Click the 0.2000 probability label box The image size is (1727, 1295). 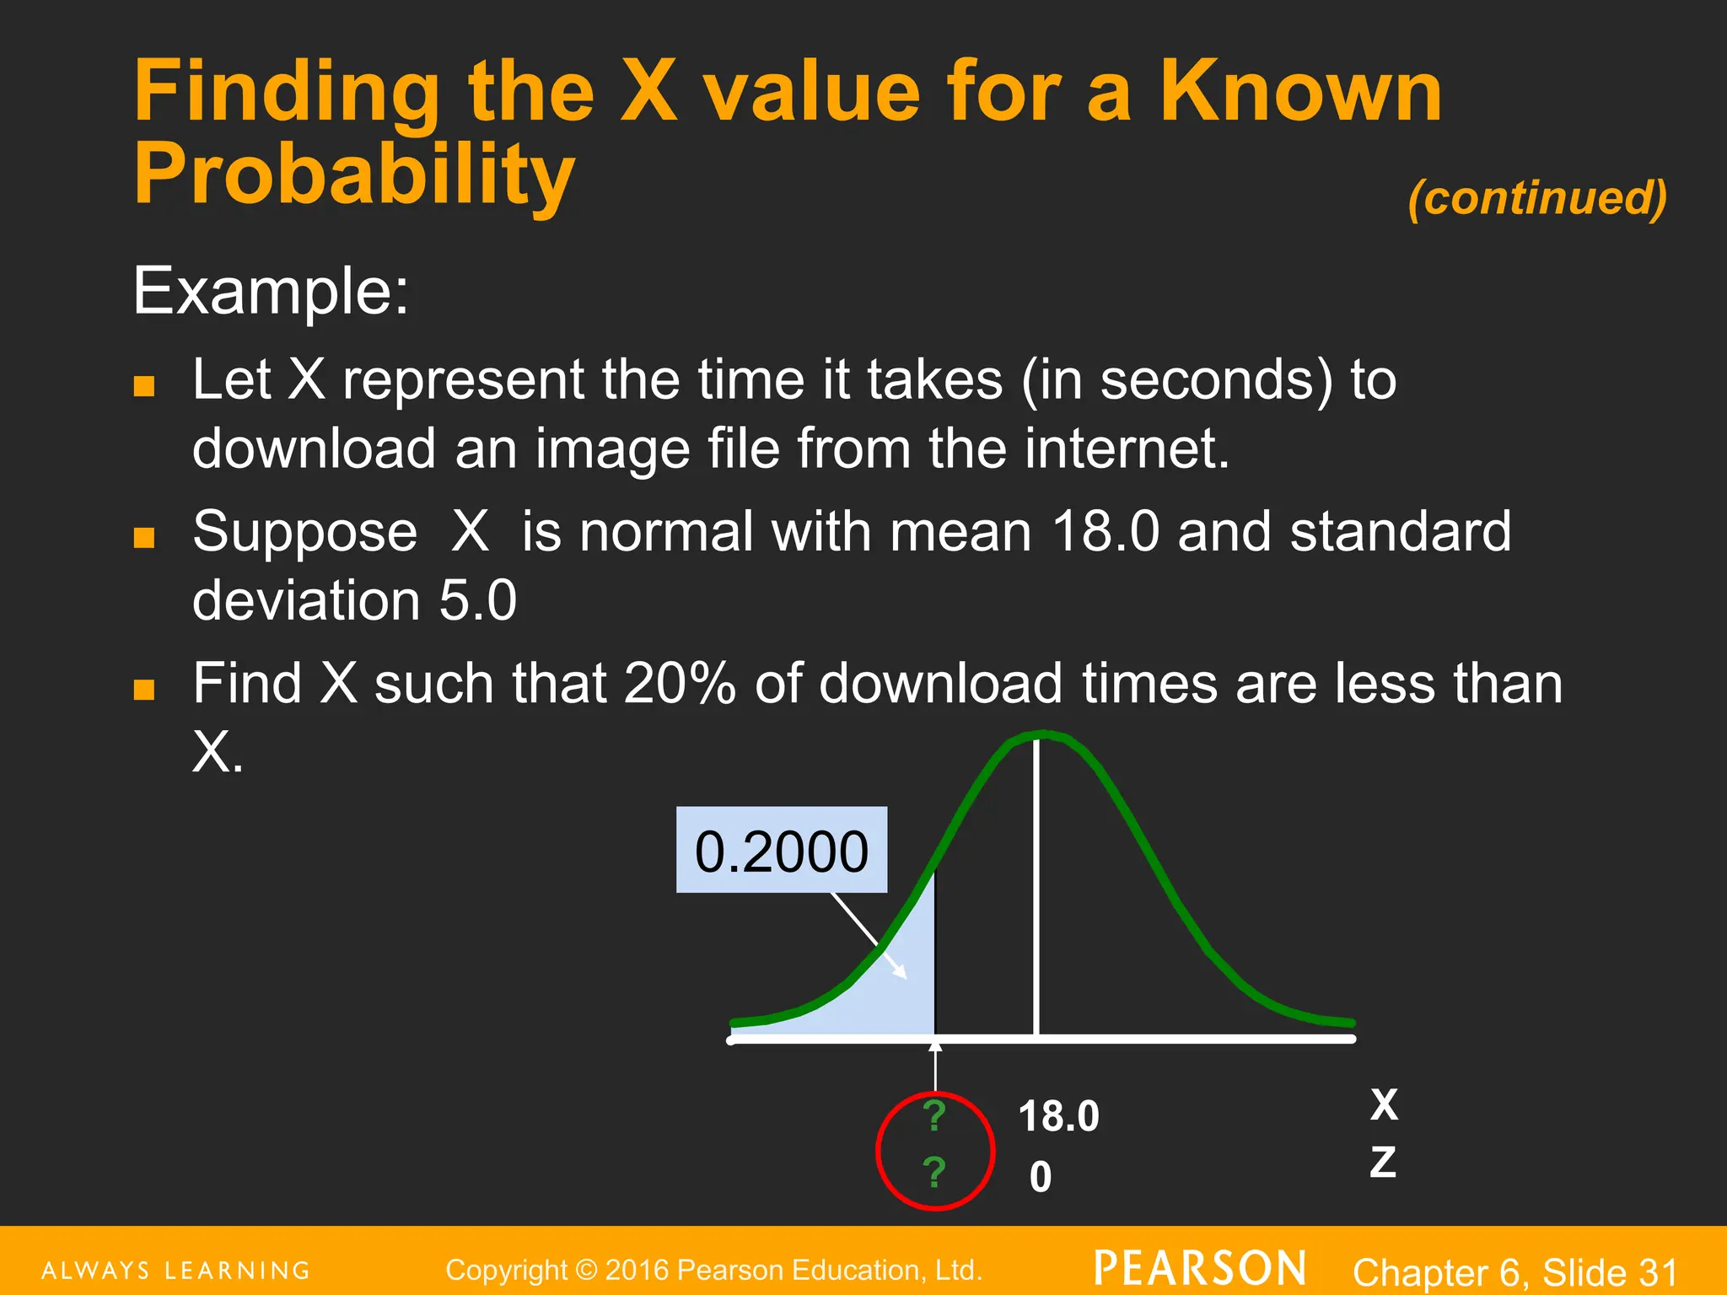781,850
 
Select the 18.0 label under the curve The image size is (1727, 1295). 1058,1116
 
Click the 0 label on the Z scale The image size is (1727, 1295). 1041,1177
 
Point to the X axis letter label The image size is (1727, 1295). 1384,1104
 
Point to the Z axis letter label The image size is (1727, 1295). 1383,1163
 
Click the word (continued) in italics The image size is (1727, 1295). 1536,198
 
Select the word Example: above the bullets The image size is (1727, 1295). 271,291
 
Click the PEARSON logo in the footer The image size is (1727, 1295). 1200,1269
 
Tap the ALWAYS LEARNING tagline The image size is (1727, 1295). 176,1271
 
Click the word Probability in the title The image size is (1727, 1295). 354,174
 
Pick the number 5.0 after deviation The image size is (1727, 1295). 477,600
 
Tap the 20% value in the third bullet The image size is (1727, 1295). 680,683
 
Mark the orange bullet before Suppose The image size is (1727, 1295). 144,537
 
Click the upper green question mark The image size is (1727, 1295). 933,1116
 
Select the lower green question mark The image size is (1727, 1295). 933,1172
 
